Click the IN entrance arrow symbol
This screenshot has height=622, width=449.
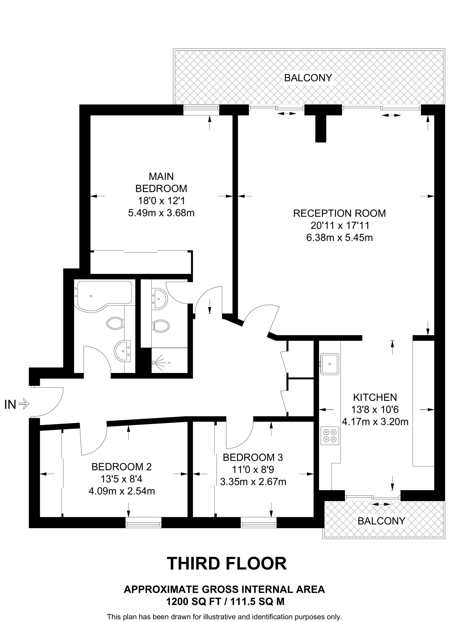tap(24, 404)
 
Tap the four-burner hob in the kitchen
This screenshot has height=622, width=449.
tap(330, 436)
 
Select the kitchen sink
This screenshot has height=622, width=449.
tap(330, 364)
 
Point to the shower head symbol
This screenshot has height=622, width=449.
tap(155, 363)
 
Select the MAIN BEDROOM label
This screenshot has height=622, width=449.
tap(161, 183)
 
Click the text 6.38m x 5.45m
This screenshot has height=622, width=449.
tap(339, 238)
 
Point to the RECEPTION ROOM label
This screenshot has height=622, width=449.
tap(339, 213)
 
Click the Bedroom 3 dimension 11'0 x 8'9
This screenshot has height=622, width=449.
tap(253, 470)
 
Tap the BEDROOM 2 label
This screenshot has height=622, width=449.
tap(121, 466)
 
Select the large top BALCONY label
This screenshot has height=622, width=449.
tap(308, 78)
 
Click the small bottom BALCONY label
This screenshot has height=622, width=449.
tap(381, 521)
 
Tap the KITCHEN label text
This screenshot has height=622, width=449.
tap(375, 397)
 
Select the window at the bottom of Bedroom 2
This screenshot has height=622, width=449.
tap(144, 523)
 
